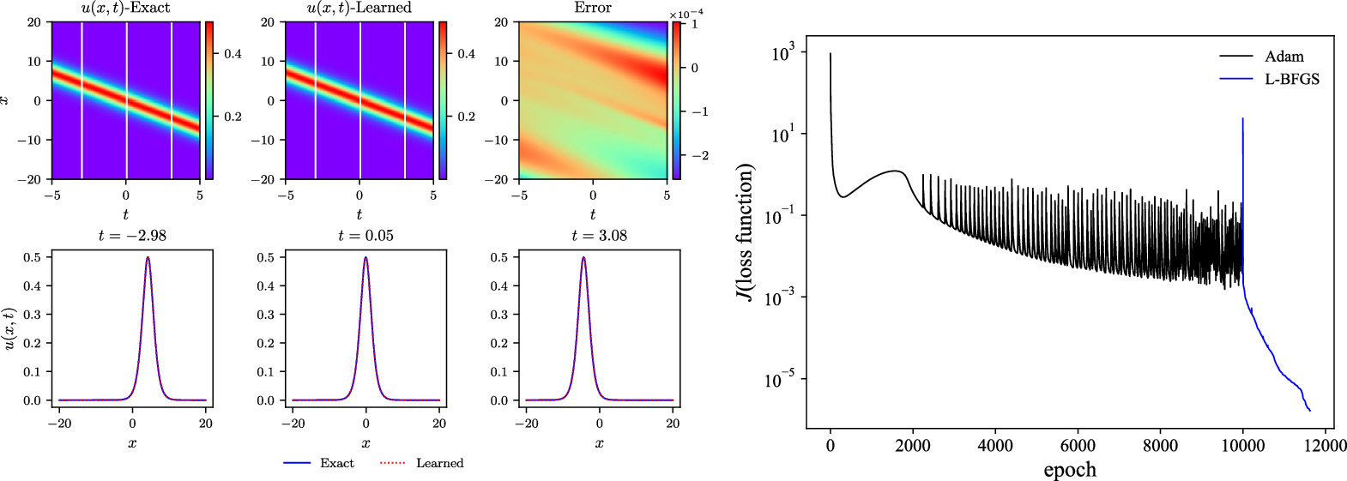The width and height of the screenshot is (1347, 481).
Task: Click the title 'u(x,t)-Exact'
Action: pyautogui.click(x=126, y=8)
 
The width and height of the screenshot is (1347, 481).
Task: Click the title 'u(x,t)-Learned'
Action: pyautogui.click(x=359, y=8)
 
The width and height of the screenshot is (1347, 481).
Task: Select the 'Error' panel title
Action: pyautogui.click(x=593, y=8)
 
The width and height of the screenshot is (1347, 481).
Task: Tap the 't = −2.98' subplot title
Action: pyautogui.click(x=132, y=236)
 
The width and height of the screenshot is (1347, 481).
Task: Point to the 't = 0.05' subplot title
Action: pyautogui.click(x=366, y=236)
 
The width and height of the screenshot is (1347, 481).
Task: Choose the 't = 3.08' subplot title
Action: pyautogui.click(x=600, y=236)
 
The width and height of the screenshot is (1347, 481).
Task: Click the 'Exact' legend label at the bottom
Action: pyautogui.click(x=336, y=463)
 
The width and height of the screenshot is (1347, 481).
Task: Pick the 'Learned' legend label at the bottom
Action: pyautogui.click(x=439, y=463)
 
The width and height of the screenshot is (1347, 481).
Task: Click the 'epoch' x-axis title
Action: pyautogui.click(x=1070, y=470)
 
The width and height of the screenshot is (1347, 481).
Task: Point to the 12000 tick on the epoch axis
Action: pyautogui.click(x=1325, y=446)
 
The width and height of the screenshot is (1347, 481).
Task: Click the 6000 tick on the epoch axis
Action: pyautogui.click(x=1078, y=446)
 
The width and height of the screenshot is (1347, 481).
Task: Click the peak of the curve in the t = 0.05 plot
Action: pyautogui.click(x=366, y=257)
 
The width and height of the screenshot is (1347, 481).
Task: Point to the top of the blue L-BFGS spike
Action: pyautogui.click(x=1242, y=119)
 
